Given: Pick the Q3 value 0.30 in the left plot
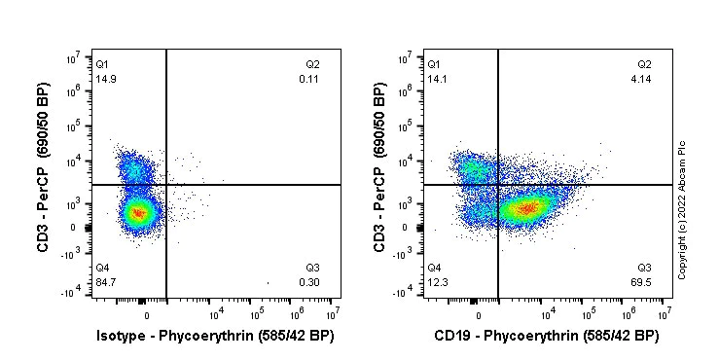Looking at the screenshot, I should click(x=310, y=282).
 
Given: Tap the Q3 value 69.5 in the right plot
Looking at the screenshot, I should click(x=643, y=282).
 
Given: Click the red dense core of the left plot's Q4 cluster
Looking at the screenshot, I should click(x=138, y=212).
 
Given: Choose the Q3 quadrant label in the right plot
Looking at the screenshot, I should click(x=644, y=268).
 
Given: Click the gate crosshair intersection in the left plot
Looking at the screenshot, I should click(x=166, y=184).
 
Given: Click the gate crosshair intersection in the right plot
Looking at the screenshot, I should click(x=498, y=184).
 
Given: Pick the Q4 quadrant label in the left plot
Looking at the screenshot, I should click(x=101, y=268).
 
